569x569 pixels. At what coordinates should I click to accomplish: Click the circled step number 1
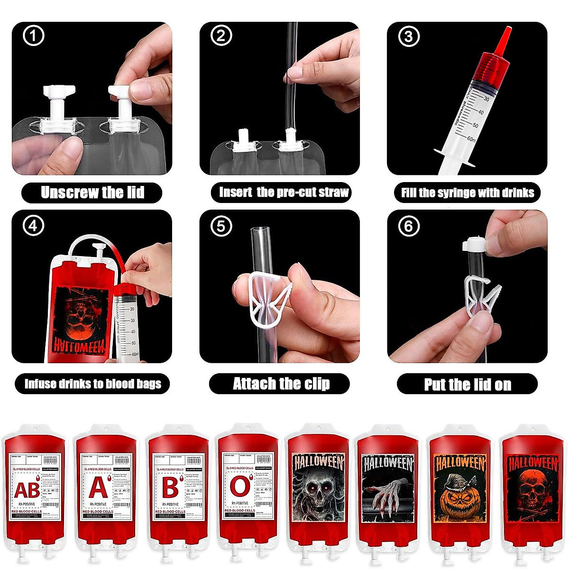pyautogui.click(x=33, y=36)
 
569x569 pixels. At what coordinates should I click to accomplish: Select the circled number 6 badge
pyautogui.click(x=409, y=226)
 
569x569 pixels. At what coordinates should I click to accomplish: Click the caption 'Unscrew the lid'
pyautogui.click(x=92, y=193)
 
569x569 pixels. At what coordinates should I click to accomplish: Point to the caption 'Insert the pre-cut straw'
pyautogui.click(x=283, y=192)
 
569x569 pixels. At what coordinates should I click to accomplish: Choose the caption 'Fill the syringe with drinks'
pyautogui.click(x=468, y=193)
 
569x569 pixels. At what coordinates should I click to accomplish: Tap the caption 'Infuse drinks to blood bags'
pyautogui.click(x=92, y=384)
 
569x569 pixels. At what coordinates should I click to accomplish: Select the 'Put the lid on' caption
pyautogui.click(x=468, y=384)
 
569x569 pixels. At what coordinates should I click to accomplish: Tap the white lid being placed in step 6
pyautogui.click(x=474, y=244)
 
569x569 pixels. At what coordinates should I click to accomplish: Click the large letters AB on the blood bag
pyautogui.click(x=27, y=490)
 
